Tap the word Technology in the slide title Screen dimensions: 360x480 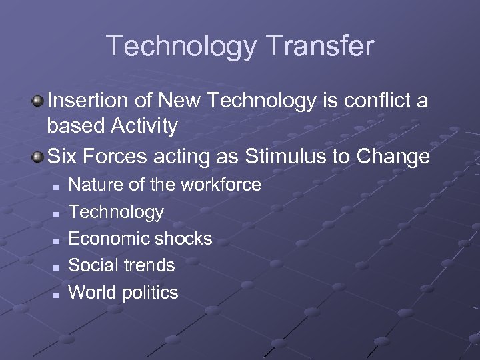coord(180,46)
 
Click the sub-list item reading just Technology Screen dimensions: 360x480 coord(116,212)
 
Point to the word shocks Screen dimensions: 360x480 coord(184,239)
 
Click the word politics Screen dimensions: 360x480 coord(150,292)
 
